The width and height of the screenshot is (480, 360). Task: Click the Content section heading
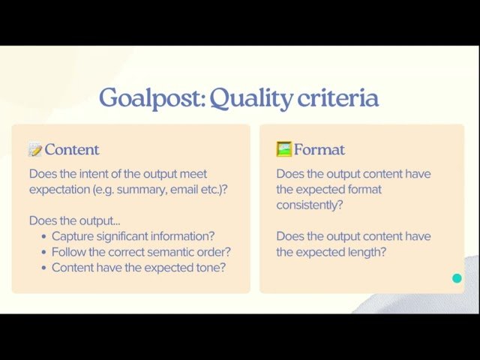(72, 149)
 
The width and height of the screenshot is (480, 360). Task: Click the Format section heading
(319, 149)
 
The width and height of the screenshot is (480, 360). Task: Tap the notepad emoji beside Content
(35, 149)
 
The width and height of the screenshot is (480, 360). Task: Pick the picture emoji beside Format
(283, 148)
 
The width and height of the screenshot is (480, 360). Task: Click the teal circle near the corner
(457, 279)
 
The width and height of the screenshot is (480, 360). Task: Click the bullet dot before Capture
(44, 237)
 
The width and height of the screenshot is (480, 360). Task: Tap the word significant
(127, 236)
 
